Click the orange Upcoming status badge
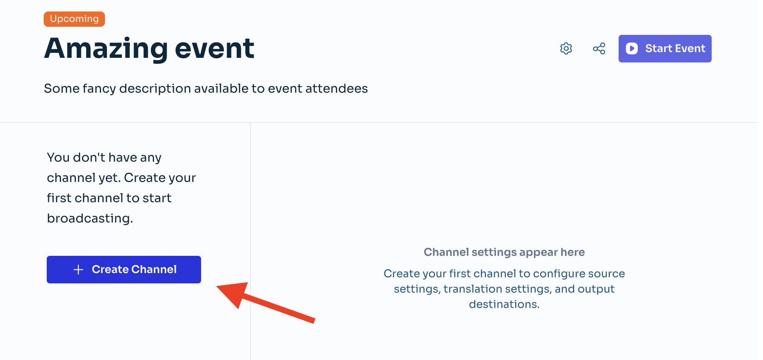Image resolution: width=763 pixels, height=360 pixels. coord(74,19)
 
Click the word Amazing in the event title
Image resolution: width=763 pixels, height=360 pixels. coord(106,49)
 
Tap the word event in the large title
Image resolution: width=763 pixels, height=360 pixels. coord(214,49)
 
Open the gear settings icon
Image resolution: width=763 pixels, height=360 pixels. coord(566,49)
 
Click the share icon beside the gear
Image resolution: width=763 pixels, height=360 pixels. coord(599,49)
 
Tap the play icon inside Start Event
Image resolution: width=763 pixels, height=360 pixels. coord(632,48)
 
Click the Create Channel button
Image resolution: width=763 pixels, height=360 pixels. coord(124,270)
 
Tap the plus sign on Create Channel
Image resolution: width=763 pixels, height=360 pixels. coord(78,270)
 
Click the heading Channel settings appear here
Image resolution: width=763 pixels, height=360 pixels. coord(504,252)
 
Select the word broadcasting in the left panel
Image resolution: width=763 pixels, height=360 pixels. coord(90,218)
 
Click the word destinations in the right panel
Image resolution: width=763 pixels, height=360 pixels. coord(504,304)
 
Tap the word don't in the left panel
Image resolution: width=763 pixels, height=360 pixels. coord(89,157)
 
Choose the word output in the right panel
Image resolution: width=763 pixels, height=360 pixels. coord(596,289)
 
